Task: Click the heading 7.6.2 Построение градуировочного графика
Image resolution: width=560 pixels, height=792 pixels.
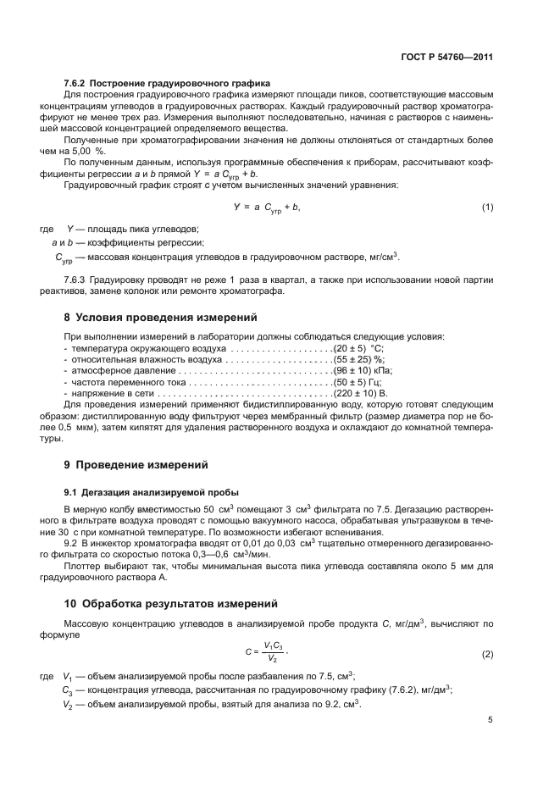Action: point(167,84)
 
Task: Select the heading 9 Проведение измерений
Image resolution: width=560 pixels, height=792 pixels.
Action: point(136,465)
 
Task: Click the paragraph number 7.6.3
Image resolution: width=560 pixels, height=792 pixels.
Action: point(77,281)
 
